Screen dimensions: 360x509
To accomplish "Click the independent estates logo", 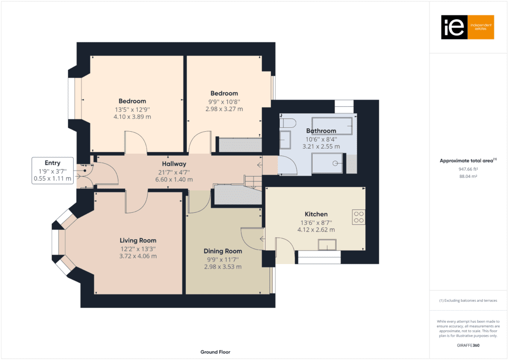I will (467, 27).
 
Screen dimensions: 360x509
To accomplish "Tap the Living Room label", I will (138, 241).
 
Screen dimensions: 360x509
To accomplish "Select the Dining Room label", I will (223, 251).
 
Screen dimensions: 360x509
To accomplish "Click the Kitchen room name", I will (316, 214).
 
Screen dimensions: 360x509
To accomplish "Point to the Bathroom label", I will (321, 131).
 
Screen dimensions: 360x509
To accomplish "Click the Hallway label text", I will (174, 164).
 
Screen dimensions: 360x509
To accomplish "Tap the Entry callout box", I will (52, 171).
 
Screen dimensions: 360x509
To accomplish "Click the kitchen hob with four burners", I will (358, 217).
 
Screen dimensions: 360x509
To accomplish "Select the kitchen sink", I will (328, 244).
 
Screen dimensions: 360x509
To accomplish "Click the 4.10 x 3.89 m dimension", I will (132, 117).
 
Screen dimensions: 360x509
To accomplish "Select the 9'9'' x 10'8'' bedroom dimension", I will (224, 101).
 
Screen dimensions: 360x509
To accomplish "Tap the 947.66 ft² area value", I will (468, 169).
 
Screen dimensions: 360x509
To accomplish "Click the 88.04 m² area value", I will (468, 176).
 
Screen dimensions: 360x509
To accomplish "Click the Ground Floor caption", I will (216, 352).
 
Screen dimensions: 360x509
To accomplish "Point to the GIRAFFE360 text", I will (468, 345).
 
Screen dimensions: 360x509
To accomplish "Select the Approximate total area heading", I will (468, 161).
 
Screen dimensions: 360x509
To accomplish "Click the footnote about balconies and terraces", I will (468, 301).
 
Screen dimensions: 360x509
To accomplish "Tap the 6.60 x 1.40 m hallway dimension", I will (174, 180).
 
